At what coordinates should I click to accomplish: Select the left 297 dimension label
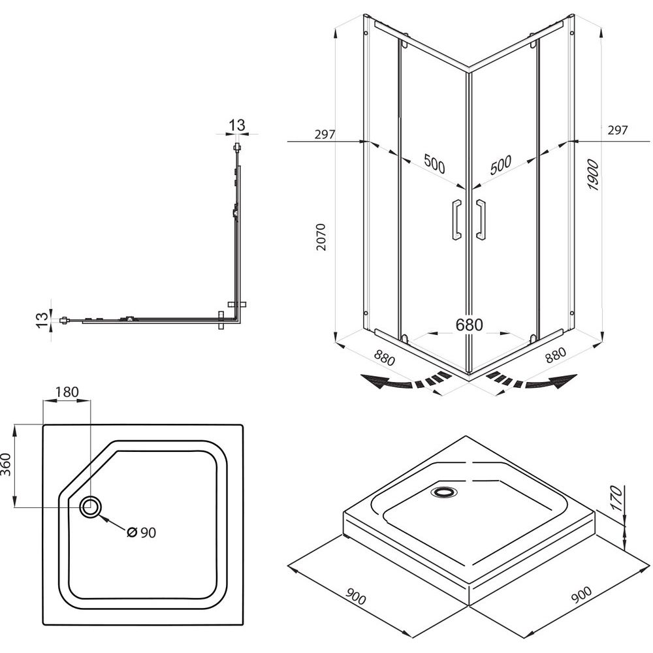coord(325,135)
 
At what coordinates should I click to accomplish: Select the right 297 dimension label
coord(617,130)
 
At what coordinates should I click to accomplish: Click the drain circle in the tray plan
coord(91,506)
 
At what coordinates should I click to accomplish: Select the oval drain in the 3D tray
coord(446,491)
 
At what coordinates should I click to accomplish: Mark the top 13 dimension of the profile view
coord(236,125)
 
